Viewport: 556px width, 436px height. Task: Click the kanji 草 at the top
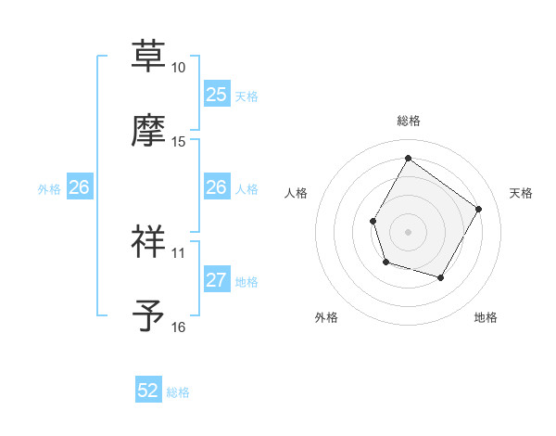click(x=149, y=57)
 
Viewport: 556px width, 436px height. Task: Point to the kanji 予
click(x=149, y=315)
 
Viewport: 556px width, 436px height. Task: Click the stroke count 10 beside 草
click(x=178, y=68)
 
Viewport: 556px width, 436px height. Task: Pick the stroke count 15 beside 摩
click(x=178, y=142)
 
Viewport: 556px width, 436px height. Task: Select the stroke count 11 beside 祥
click(x=178, y=252)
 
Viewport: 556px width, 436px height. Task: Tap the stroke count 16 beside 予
click(x=178, y=327)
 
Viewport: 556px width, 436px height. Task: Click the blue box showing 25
click(x=216, y=94)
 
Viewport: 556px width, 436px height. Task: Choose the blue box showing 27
click(x=216, y=280)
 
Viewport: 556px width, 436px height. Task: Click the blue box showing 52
click(x=148, y=391)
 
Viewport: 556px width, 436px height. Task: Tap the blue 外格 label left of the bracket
click(x=49, y=188)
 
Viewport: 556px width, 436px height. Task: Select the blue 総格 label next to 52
click(x=178, y=392)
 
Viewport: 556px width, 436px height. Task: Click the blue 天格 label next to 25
click(x=246, y=96)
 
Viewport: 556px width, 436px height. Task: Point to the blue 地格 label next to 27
click(x=246, y=282)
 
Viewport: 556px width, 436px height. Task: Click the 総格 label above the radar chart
click(x=409, y=121)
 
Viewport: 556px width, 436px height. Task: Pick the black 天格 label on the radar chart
click(x=522, y=193)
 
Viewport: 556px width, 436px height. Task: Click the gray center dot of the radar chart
click(x=408, y=231)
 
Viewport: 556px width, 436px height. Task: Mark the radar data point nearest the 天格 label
click(x=478, y=209)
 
